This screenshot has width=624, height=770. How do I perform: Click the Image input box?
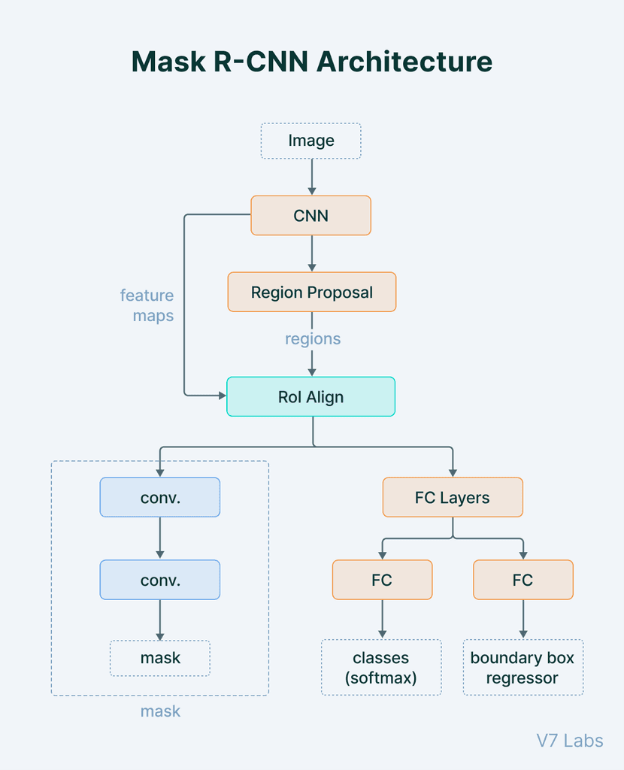[x=310, y=141]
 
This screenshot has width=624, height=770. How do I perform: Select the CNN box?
[x=310, y=216]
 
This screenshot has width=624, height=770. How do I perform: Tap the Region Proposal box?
[x=311, y=293]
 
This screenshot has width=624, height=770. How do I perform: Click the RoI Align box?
[x=310, y=397]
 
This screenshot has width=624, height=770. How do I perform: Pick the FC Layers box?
[x=452, y=498]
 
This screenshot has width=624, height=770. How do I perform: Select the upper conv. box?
[x=159, y=498]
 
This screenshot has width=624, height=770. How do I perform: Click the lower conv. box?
[x=159, y=580]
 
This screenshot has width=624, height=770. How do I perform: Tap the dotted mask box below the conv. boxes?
[x=159, y=658]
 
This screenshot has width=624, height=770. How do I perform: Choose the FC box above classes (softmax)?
[x=382, y=580]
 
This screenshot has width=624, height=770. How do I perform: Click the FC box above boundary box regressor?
[x=523, y=580]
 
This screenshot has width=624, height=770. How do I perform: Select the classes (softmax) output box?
[x=381, y=668]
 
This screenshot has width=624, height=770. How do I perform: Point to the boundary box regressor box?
[x=523, y=668]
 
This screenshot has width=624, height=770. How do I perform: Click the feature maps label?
[x=147, y=305]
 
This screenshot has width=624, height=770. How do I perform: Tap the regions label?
[x=312, y=339]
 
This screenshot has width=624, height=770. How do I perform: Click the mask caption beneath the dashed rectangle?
[x=160, y=711]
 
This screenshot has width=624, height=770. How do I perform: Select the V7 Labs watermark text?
[x=569, y=741]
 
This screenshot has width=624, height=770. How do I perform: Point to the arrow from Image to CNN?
[x=311, y=177]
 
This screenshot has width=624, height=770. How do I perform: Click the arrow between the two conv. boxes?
[x=159, y=538]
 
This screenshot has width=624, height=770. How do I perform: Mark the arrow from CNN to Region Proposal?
[x=311, y=253]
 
